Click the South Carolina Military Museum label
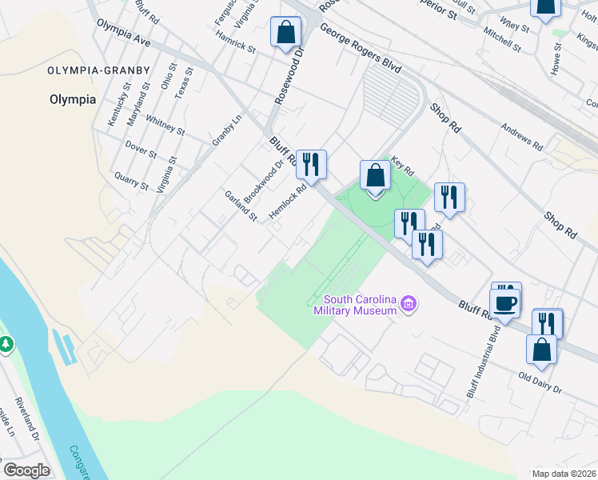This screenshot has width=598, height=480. point(355,304)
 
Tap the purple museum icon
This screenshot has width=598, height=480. point(409,303)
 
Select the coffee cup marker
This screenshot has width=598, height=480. point(505,302)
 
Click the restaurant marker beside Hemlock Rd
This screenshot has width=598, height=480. point(311,164)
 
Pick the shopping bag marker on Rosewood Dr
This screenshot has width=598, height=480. point(285,33)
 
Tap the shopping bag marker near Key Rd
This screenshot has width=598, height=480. point(375,175)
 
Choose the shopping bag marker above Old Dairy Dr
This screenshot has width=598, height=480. point(541,350)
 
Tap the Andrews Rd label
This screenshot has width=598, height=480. point(522,138)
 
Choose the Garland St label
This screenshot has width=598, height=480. point(241,206)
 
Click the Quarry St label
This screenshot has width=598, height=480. point(132,180)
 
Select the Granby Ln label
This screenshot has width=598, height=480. point(226,130)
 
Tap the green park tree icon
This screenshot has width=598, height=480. point(6,344)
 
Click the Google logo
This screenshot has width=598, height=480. point(26,470)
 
